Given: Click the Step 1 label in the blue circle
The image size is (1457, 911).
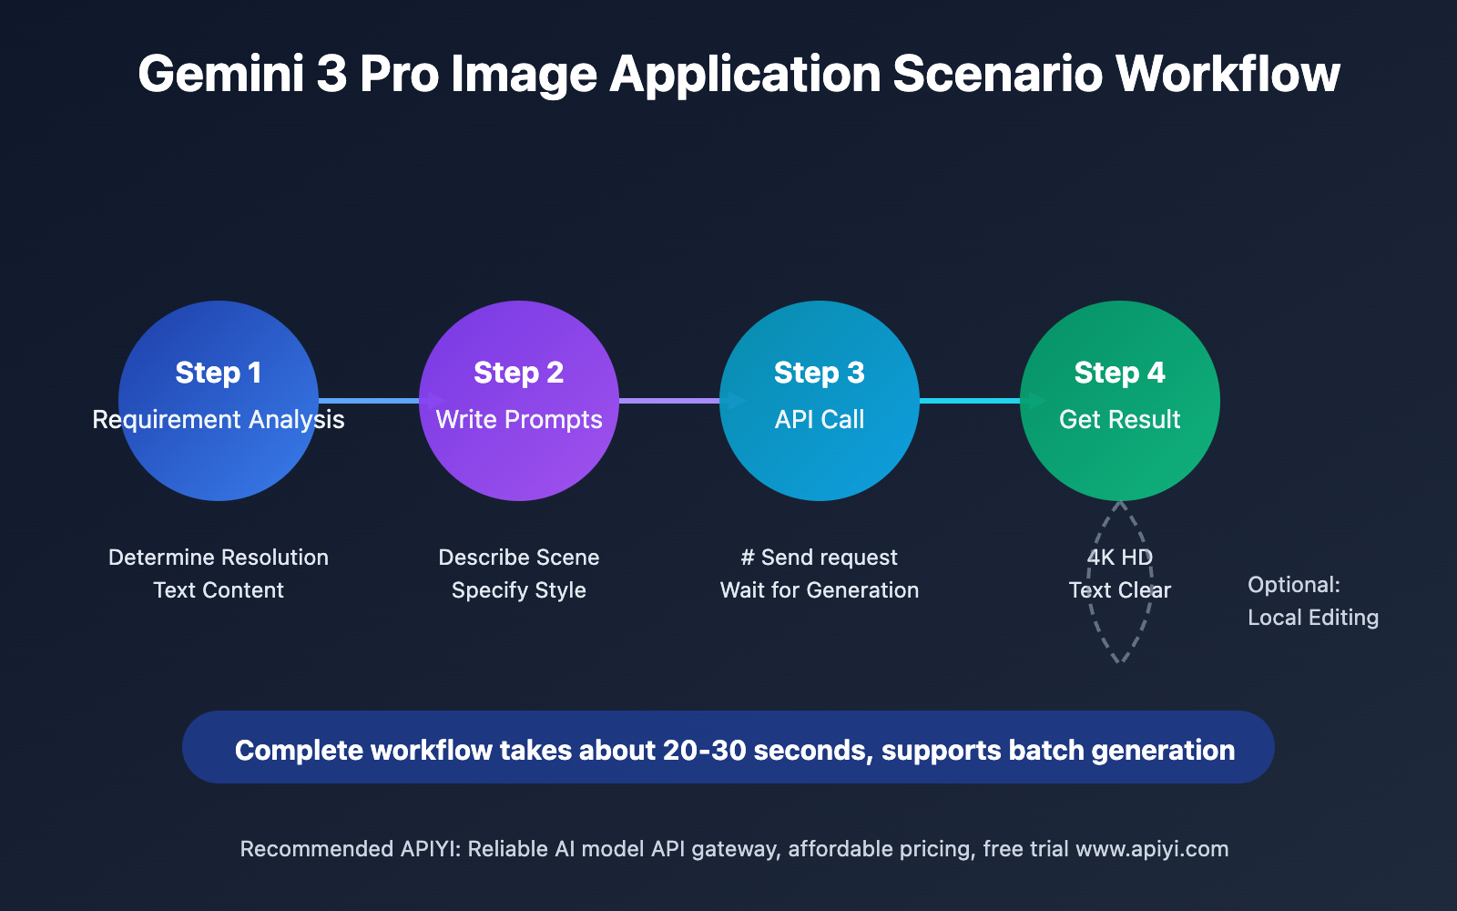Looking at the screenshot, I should coord(219,373).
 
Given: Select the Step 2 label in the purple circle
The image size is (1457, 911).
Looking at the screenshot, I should coord(519,373).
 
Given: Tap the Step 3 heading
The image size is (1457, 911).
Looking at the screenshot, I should coord(820,373).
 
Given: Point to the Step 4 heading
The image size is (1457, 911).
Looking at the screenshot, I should coord(1120,373).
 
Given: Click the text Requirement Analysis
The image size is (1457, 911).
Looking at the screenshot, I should coord(219,420).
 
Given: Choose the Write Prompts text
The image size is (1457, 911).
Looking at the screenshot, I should coord(519,420).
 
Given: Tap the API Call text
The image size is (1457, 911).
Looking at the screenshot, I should coord(820,420).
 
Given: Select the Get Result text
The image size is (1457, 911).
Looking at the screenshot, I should coord(1120,420).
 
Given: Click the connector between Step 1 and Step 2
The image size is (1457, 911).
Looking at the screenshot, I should coord(369,401).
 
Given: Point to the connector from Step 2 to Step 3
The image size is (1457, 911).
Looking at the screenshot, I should coord(669,401).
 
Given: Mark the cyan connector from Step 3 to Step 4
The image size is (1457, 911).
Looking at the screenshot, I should coord(970,401).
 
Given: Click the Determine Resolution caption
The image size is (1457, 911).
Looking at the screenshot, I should coord(219,558).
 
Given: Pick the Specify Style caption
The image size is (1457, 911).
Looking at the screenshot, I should coord(519,590).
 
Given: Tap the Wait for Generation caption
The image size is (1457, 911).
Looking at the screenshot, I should coord(820,590).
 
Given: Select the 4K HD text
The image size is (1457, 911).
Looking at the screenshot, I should coord(1120,558).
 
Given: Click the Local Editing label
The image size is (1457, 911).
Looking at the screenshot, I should coord(1313,618).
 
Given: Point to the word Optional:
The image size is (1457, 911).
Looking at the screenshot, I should coord(1294,585).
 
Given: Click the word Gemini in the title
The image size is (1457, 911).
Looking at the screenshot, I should coord(220,75).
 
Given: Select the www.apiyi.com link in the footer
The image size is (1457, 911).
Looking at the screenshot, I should coord(1152,849).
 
